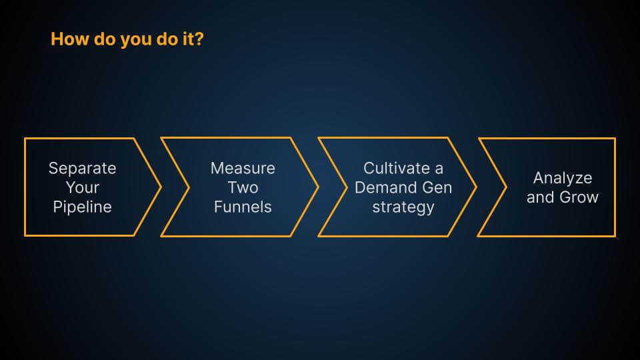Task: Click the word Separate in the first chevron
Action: pos(83,168)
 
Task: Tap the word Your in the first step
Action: pos(83,187)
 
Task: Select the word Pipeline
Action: pos(83,207)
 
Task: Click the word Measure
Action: pos(243,168)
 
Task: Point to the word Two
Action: pos(243,187)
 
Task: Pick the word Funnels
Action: pos(243,207)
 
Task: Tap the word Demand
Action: pos(383,187)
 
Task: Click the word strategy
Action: pos(403,207)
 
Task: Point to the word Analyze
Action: pos(563,179)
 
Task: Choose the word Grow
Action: pos(579,197)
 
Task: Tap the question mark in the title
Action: pos(199,39)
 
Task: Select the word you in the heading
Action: pos(137,40)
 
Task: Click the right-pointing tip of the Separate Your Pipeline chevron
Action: pos(161,187)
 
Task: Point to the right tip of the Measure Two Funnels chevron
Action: pos(318,187)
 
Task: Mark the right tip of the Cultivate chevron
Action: pos(476,187)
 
